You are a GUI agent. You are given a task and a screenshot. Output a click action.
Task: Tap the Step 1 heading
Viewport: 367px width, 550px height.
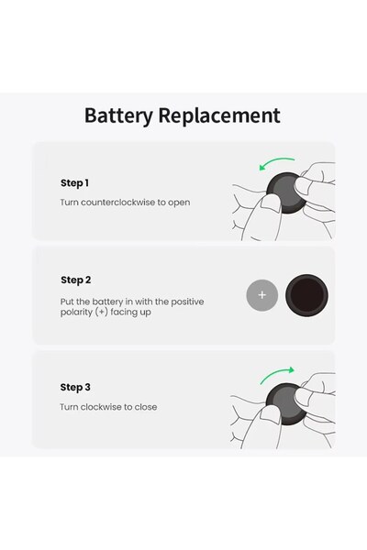pyautogui.click(x=75, y=183)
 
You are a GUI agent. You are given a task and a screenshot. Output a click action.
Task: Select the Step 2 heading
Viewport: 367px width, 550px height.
pyautogui.click(x=76, y=280)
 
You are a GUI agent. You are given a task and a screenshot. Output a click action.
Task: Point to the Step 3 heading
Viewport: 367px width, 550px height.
pyautogui.click(x=76, y=388)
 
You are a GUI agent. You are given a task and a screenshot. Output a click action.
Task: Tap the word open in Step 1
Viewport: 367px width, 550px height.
pyautogui.click(x=180, y=203)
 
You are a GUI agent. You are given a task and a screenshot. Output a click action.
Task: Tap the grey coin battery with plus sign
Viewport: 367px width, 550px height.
pyautogui.click(x=261, y=295)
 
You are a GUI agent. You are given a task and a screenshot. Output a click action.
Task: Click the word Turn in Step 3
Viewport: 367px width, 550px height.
pyautogui.click(x=70, y=407)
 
